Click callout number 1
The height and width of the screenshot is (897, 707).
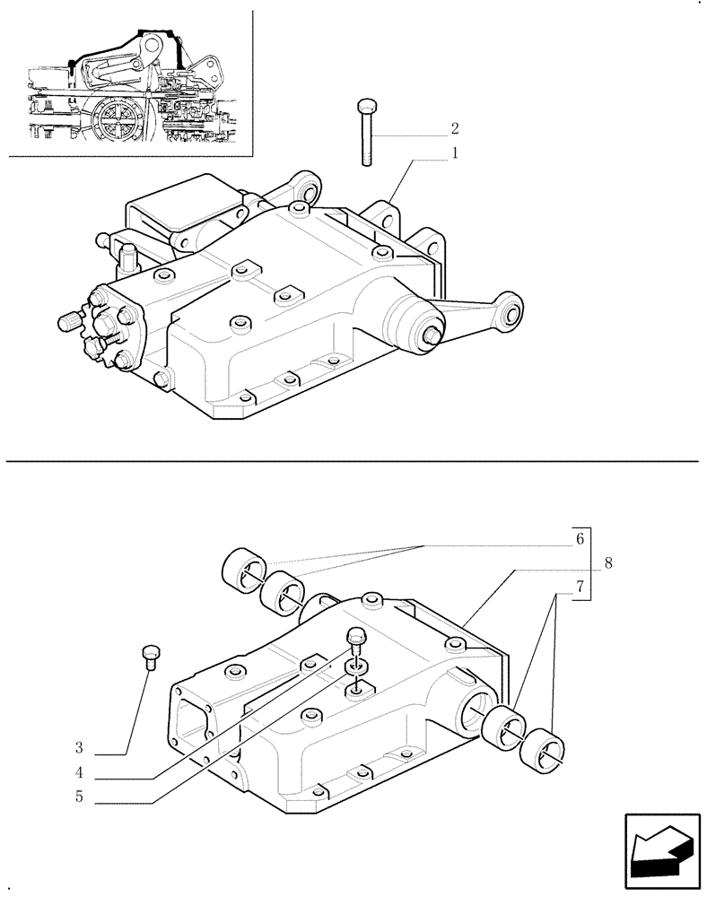455,153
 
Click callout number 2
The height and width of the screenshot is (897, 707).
455,128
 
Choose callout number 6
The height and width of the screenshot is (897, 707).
580,539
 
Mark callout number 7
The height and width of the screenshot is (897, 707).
580,588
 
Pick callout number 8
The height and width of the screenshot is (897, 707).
608,563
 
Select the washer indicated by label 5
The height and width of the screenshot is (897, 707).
357,668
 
